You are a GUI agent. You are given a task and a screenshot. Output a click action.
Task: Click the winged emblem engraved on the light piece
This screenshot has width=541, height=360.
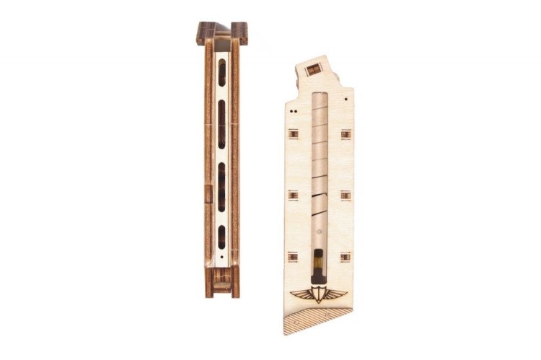pos(318,295)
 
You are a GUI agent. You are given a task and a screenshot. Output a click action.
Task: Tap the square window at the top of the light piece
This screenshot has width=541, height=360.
pos(313,69)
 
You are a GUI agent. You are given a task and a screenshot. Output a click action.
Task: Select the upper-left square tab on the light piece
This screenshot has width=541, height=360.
pos(292,134)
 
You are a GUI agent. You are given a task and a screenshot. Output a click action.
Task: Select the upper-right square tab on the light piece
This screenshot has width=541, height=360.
pos(346,134)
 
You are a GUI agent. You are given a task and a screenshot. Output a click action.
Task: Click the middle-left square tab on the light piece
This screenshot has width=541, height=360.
pos(292,195)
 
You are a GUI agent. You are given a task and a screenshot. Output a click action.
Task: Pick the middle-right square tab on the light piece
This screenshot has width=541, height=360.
pos(346,195)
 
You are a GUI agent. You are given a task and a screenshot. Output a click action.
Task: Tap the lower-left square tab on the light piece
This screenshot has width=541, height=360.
pos(292,256)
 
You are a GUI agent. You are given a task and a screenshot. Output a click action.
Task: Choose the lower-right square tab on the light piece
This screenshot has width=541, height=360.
pos(346,256)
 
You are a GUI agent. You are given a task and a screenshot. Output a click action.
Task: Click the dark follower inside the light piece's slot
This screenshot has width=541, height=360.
pos(318,263)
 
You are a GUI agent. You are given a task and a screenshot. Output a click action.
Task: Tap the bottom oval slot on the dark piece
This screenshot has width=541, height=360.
pos(222,237)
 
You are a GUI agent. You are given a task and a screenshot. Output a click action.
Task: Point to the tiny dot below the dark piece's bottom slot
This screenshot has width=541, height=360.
pos(222,255)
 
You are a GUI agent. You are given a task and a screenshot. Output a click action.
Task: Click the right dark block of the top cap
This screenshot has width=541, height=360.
pos(239,32)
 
